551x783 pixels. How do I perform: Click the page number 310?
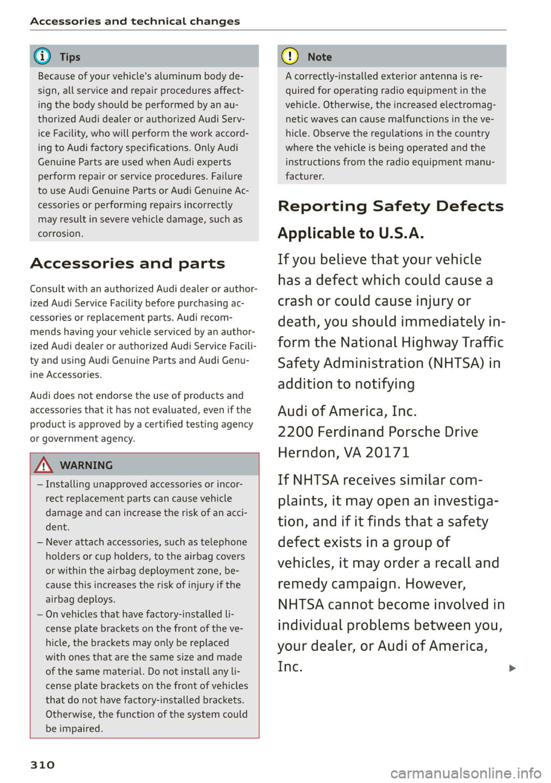coord(42,765)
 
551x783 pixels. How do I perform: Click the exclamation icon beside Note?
coord(292,57)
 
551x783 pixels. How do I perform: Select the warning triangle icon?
coord(44,465)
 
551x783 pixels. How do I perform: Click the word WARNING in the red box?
coord(86,465)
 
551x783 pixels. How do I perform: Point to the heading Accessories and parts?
coord(127,264)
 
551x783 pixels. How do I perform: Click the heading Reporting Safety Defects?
coord(390,206)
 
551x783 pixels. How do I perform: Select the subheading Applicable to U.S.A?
coord(351,233)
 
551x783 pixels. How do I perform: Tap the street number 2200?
coord(295,432)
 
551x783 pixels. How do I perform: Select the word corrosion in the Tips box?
coord(60,234)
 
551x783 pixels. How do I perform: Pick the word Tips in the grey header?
coord(70,57)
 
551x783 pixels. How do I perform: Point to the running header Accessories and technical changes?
coord(135,21)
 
